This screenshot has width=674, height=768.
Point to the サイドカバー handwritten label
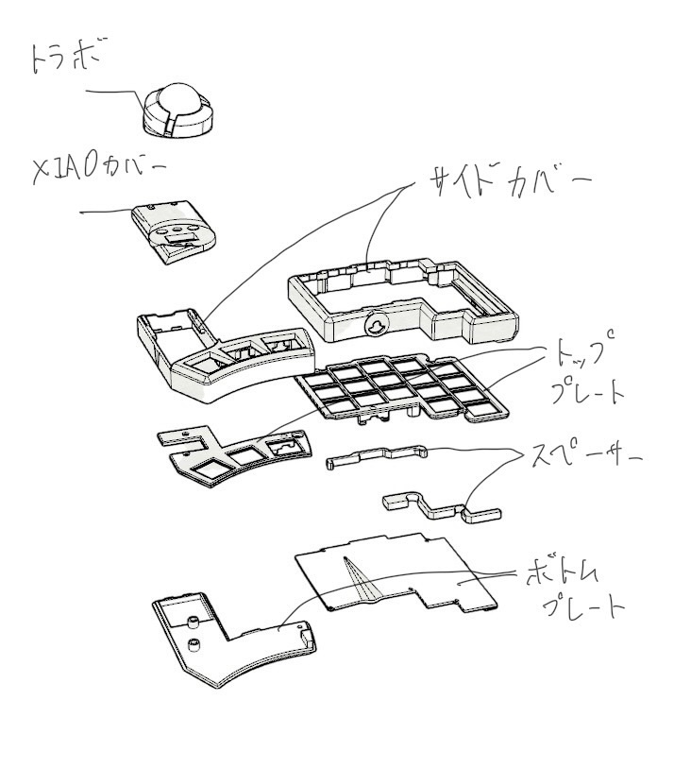(508, 178)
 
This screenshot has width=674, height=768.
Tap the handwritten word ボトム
(566, 572)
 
